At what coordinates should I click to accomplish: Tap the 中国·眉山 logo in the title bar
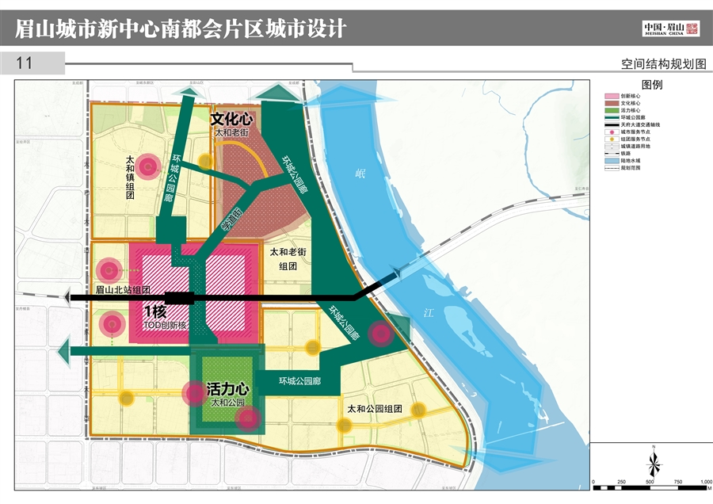(x=670, y=29)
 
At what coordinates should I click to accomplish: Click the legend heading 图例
(x=651, y=84)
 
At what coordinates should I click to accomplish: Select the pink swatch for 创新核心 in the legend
(x=611, y=95)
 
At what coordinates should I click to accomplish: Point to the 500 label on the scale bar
(x=650, y=482)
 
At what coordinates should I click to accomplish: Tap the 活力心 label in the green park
(x=228, y=390)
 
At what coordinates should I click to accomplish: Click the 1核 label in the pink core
(x=155, y=311)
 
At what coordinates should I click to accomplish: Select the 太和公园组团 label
(x=375, y=409)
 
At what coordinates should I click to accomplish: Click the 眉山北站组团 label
(x=123, y=290)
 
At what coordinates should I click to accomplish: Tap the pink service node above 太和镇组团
(x=147, y=166)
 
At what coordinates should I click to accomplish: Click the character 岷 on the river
(x=360, y=173)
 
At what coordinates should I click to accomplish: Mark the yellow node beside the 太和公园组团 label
(x=418, y=409)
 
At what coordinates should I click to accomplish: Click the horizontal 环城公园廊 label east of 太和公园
(x=299, y=381)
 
